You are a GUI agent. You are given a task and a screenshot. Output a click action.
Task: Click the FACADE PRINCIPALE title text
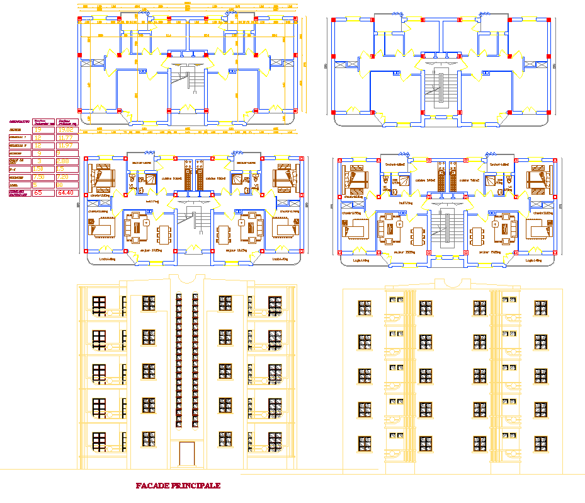(178, 486)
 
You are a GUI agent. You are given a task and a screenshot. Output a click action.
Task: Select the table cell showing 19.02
(67, 130)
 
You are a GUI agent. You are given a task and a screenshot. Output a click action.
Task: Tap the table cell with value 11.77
(65, 137)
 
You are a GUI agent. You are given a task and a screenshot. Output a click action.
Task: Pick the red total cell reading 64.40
(66, 193)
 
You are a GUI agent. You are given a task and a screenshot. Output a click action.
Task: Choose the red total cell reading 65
(38, 193)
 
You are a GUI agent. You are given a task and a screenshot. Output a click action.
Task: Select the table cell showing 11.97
(65, 145)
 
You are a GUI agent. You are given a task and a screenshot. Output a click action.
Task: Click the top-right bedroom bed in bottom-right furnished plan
(537, 178)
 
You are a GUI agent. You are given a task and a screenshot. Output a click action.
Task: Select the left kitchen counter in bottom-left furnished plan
(187, 176)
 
